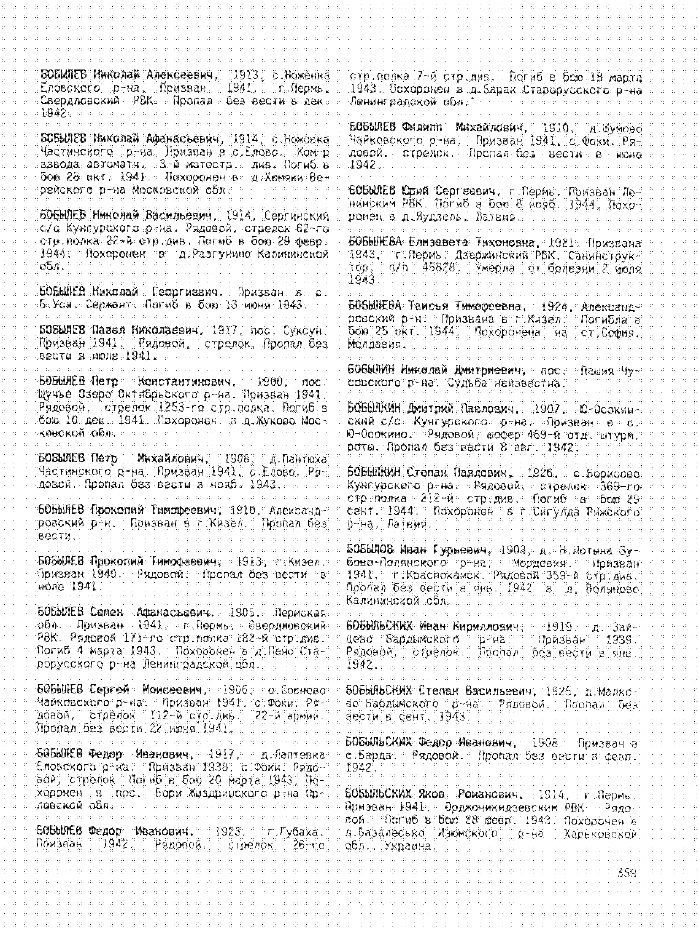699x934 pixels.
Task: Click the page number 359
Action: click(x=627, y=872)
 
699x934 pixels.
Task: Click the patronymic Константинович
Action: click(x=186, y=382)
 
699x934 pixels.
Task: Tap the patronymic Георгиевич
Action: click(x=187, y=291)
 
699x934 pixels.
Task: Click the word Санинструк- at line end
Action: click(x=604, y=256)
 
